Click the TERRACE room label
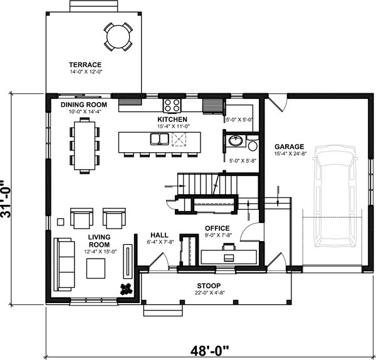(86, 64)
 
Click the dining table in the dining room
(85, 144)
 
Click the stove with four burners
(172, 104)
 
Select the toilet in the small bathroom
(252, 145)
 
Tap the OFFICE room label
(217, 228)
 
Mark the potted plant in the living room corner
(126, 288)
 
